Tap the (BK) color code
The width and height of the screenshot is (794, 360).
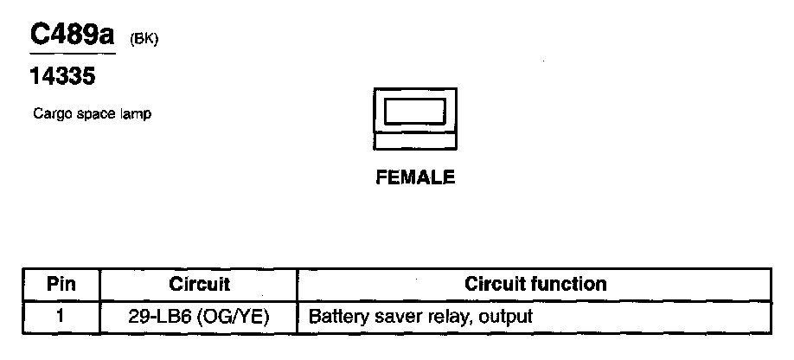click(x=144, y=39)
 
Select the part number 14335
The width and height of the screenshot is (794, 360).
click(x=62, y=77)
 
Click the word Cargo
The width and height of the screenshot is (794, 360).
click(x=48, y=113)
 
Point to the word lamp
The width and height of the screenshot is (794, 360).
click(x=137, y=113)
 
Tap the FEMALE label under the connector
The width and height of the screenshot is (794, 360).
click(x=415, y=177)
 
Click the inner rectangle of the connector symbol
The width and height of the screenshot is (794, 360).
click(x=415, y=111)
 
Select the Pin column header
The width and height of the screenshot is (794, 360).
click(x=61, y=284)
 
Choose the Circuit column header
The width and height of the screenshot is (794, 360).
click(x=199, y=284)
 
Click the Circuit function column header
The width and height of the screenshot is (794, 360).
click(x=535, y=284)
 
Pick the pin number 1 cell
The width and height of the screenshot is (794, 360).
click(x=60, y=316)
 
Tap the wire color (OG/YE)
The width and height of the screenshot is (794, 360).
click(x=234, y=316)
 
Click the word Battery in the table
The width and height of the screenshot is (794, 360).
click(x=334, y=316)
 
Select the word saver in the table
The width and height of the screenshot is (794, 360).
click(x=385, y=316)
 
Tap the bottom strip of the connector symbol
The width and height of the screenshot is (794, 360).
click(x=415, y=140)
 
